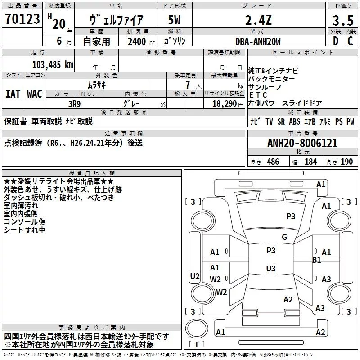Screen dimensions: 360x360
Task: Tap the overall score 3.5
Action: [x=342, y=21]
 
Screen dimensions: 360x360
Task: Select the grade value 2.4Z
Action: [x=257, y=21]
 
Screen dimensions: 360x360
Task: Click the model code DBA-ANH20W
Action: [x=258, y=42]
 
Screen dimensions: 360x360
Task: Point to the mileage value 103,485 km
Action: [x=53, y=65]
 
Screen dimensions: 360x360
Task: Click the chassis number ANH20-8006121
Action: [x=302, y=144]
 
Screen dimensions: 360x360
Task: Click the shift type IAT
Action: [x=13, y=94]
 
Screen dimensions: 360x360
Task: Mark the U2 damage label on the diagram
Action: [x=195, y=276]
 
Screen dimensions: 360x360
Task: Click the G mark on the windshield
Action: [x=284, y=237]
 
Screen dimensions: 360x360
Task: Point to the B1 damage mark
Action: [x=317, y=260]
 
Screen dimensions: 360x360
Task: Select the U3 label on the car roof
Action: [x=270, y=269]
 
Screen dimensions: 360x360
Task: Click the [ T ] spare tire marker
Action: [x=197, y=344]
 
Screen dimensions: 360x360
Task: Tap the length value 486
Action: [x=273, y=162]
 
